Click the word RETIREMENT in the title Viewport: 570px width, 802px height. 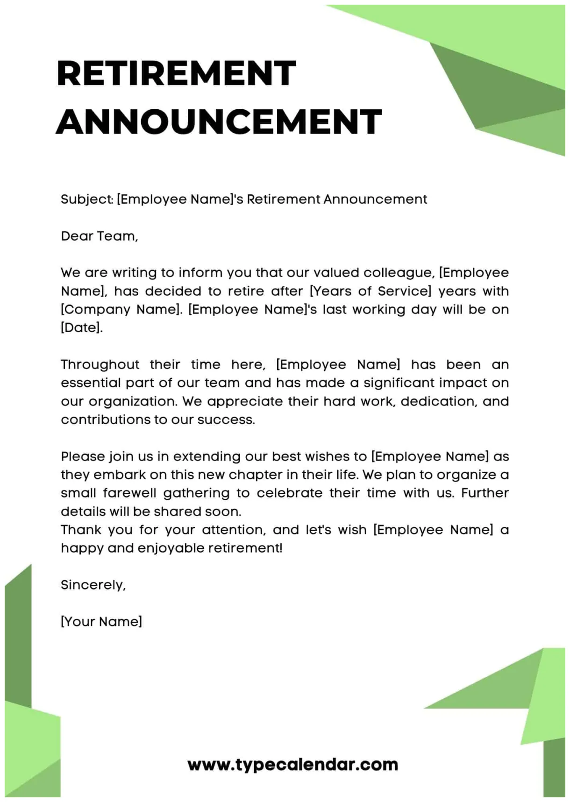[176, 73]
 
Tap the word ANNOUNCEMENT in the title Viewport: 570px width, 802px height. [219, 122]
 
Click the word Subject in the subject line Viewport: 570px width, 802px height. [86, 199]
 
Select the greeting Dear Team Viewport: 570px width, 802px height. [99, 236]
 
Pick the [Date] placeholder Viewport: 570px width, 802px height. [81, 327]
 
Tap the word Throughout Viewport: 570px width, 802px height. [100, 364]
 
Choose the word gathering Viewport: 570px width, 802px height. [196, 493]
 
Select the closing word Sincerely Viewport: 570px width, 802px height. [93, 585]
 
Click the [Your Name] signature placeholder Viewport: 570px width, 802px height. [101, 621]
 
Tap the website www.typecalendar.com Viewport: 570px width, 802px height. [292, 765]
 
